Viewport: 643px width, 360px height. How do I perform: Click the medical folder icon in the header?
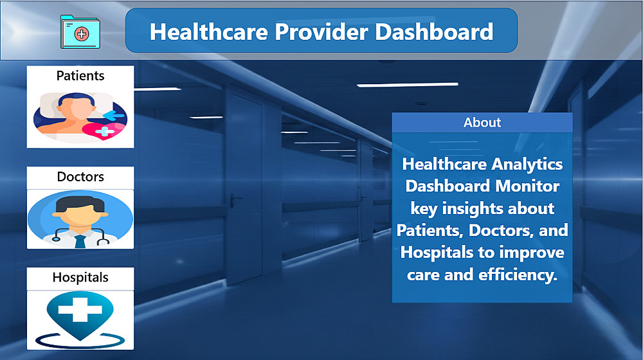point(80,32)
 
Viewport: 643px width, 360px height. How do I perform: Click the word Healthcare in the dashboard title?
point(209,32)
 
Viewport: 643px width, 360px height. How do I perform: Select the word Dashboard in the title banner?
point(434,32)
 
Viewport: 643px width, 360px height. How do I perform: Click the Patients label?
point(80,76)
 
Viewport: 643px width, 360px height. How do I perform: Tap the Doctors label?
point(80,177)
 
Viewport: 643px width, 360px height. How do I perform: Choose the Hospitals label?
point(80,278)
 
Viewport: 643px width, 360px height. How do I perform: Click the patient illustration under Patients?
point(80,117)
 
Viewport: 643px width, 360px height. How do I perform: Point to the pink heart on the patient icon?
point(104,130)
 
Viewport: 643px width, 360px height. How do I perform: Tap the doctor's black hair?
point(80,204)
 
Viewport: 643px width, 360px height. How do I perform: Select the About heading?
point(482,122)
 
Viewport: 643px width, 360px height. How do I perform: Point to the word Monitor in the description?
point(527,186)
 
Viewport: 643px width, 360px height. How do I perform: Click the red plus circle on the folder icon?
point(82,33)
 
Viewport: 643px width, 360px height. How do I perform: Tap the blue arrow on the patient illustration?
point(114,116)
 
